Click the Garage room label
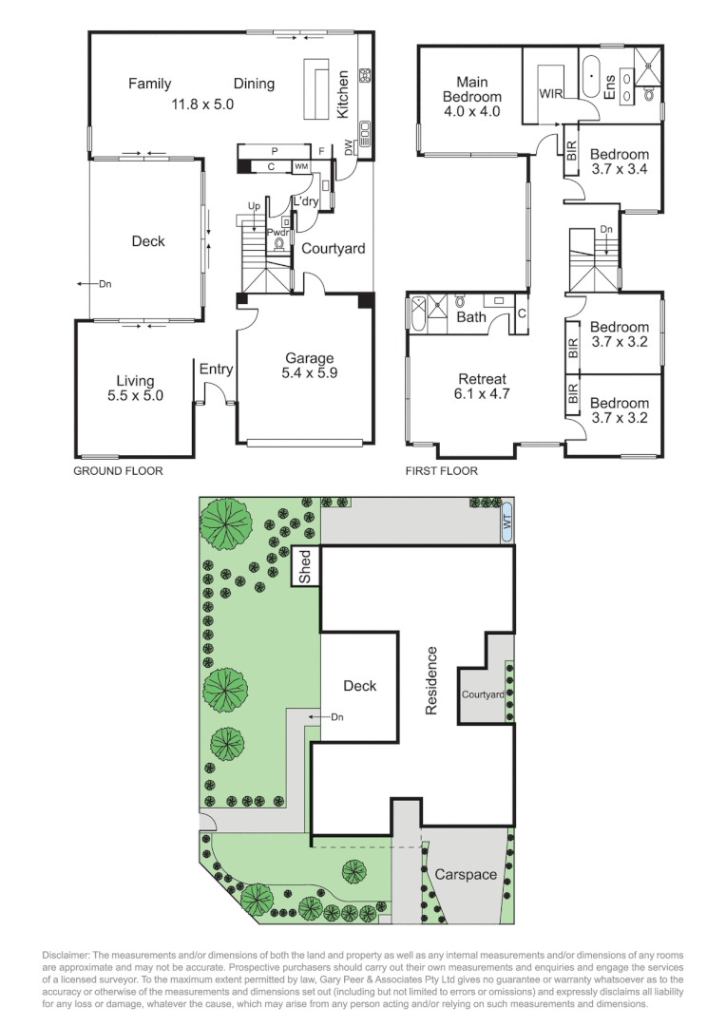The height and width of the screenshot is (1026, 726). tap(310, 358)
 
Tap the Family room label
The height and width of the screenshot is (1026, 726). tap(150, 85)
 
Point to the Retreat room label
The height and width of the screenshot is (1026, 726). tap(484, 378)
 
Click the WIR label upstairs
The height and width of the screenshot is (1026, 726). tap(551, 94)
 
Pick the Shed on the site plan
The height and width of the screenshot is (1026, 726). tap(305, 568)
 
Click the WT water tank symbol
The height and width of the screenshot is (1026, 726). tap(506, 521)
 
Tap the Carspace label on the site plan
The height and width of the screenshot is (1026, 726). tap(466, 874)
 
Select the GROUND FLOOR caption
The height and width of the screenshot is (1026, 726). tap(118, 471)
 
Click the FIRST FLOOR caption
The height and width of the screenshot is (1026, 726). tap(442, 471)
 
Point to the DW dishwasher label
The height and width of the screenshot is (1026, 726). tap(350, 148)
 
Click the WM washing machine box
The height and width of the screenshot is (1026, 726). tap(301, 167)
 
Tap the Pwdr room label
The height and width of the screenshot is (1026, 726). tap(277, 232)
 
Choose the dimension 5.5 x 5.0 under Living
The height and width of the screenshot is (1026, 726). tap(136, 395)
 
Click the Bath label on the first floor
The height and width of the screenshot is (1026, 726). tap(471, 317)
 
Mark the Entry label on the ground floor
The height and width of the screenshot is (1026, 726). tap(216, 370)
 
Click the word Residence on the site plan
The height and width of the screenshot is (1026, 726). tap(431, 680)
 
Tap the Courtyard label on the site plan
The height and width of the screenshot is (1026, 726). tap(483, 694)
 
